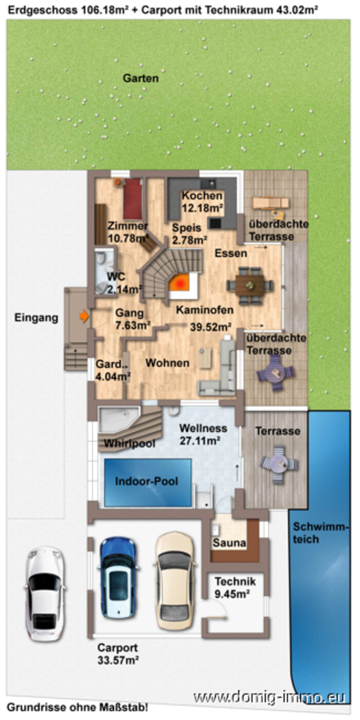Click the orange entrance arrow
point(84,316)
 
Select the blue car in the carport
point(118,577)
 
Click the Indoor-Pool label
point(147,481)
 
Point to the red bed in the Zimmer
point(133,199)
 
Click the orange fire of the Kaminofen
point(181,283)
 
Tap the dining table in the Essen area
point(250,285)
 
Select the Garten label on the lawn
point(141,78)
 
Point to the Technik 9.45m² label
point(235,587)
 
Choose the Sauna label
point(229,543)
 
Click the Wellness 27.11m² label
point(203,434)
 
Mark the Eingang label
point(37,318)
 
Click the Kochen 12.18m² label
point(203,202)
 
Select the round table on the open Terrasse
point(278,464)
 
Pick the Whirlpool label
point(130,443)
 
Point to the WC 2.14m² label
point(124,283)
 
